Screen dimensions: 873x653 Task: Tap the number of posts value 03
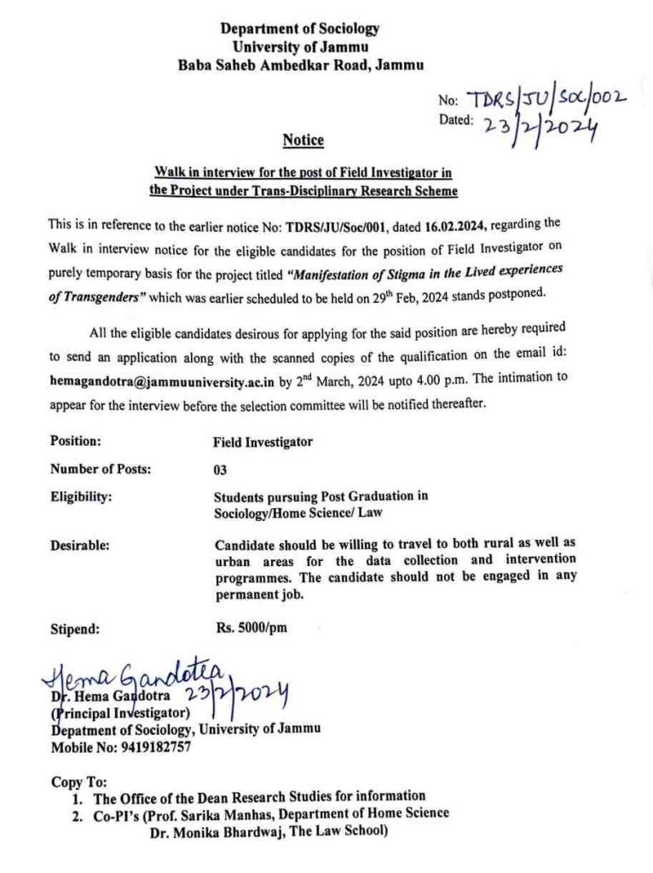pos(220,469)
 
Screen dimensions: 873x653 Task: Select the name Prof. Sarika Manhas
pos(199,813)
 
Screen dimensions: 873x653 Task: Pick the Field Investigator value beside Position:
pos(263,442)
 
